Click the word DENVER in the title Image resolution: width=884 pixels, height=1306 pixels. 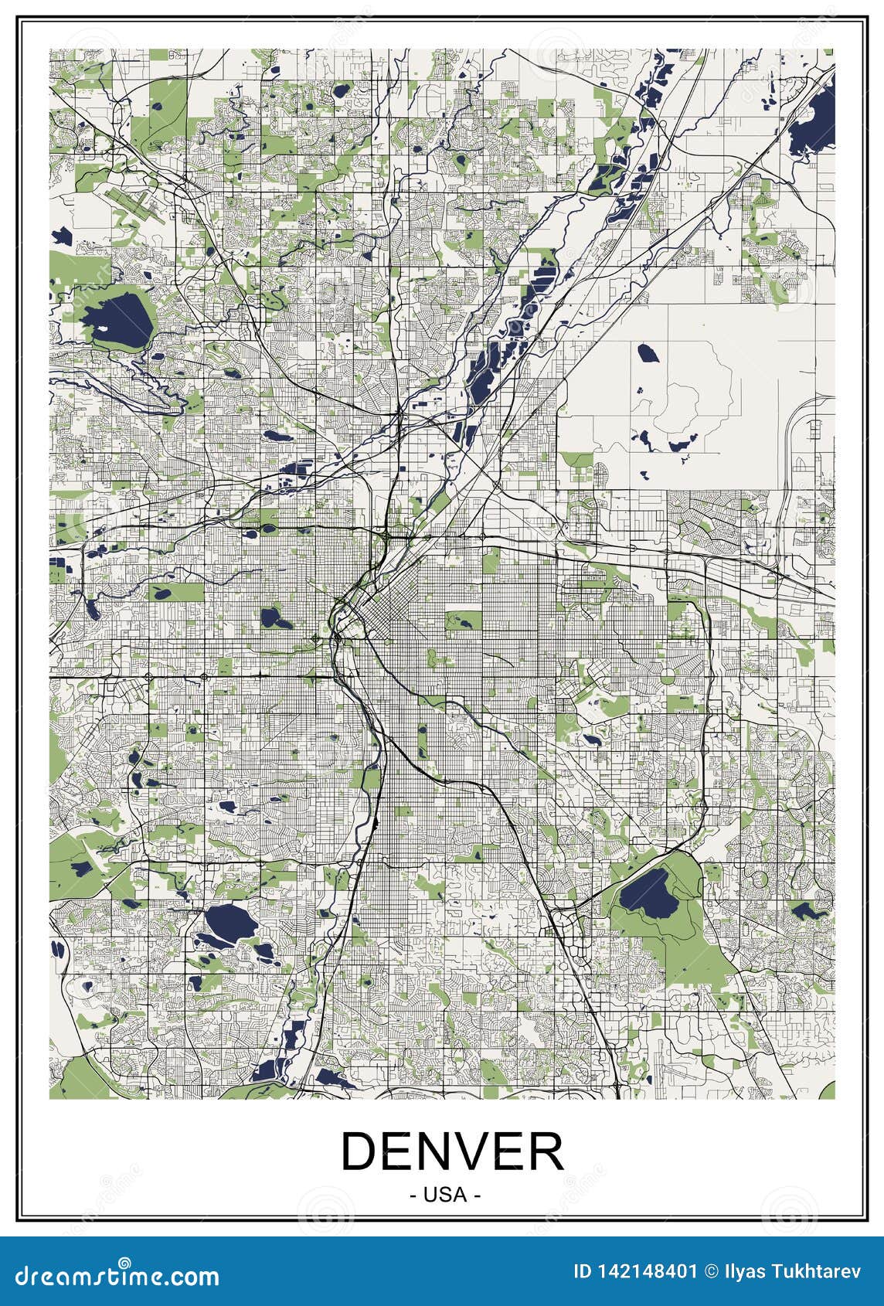[x=452, y=1152]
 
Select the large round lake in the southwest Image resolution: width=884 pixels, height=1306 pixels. [x=229, y=921]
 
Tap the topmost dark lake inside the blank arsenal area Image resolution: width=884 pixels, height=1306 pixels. [x=646, y=353]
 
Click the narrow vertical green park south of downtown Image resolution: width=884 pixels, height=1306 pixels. [x=422, y=741]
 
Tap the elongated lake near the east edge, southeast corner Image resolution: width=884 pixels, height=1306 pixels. [x=808, y=910]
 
